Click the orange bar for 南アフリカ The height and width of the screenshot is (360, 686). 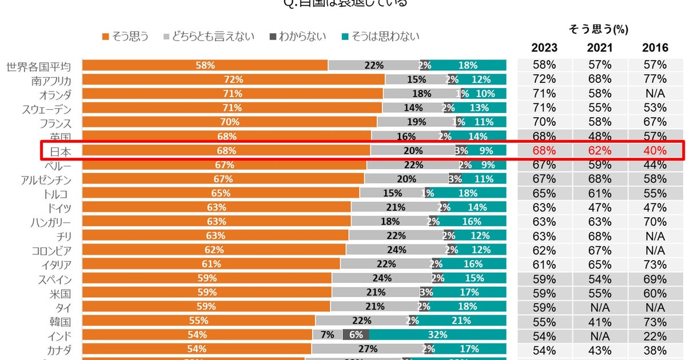[x=233, y=79]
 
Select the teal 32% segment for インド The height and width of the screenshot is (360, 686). [x=437, y=335]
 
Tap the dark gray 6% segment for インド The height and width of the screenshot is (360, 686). [x=356, y=335]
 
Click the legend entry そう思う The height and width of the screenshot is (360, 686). [x=125, y=37]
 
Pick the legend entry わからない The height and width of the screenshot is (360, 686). [x=298, y=37]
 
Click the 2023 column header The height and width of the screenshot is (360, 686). [x=544, y=48]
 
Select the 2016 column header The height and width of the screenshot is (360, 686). [x=655, y=48]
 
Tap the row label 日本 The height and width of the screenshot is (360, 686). [x=60, y=151]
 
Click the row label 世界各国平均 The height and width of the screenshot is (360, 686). [x=39, y=66]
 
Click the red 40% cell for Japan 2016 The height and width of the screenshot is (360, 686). [x=655, y=151]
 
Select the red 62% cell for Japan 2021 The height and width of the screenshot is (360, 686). [x=600, y=151]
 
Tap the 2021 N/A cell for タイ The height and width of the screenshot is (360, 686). [x=600, y=307]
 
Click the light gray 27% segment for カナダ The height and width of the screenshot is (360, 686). [x=366, y=349]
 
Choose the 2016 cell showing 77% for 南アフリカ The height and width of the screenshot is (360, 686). [x=655, y=79]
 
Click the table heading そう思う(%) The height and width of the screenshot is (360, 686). [x=599, y=29]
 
